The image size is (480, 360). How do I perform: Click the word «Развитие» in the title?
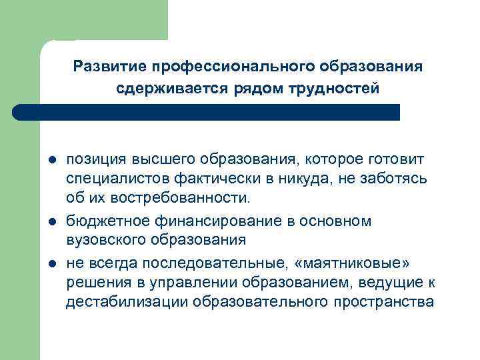tap(109, 67)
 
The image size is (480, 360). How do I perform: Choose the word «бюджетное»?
tap(107, 221)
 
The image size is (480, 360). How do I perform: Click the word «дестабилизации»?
tap(126, 302)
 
